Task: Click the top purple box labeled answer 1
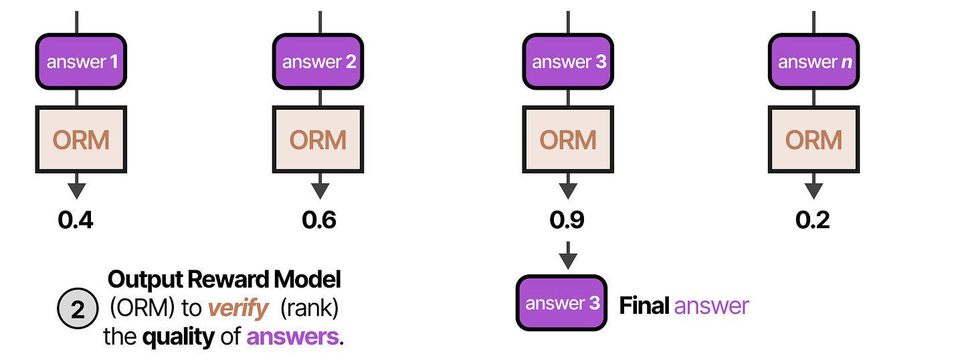[x=81, y=62]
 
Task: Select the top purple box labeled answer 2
[x=318, y=62]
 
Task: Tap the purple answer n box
[x=813, y=62]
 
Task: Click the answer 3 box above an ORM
[x=568, y=62]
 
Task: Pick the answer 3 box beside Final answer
[x=561, y=303]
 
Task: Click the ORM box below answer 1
[x=81, y=139]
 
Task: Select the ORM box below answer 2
[x=318, y=139]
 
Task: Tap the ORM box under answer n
[x=813, y=139]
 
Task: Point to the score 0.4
[x=76, y=220]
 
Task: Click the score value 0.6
[x=319, y=220]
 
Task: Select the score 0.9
[x=567, y=220]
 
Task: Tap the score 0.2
[x=813, y=220]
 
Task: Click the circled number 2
[x=78, y=308]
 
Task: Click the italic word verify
[x=238, y=308]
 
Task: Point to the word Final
[x=644, y=305]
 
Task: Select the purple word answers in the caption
[x=292, y=337]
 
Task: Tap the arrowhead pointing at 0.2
[x=813, y=191]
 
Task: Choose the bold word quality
[x=179, y=337]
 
